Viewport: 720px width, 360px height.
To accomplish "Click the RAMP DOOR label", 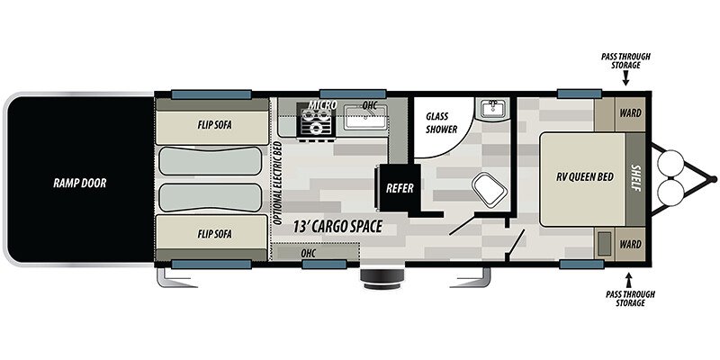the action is (x=79, y=184).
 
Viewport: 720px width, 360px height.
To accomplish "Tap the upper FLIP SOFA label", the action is (x=214, y=125).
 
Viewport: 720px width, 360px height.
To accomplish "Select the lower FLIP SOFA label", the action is (x=214, y=234).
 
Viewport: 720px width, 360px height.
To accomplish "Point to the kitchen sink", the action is (x=366, y=117).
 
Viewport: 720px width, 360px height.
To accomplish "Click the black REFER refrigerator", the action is (x=399, y=188).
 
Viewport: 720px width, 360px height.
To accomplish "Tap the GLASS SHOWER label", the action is (x=441, y=123).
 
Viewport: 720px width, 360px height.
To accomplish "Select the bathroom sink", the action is (x=492, y=109).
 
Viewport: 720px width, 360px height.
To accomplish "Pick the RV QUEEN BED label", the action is (x=584, y=177).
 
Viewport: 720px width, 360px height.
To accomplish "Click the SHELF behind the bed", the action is (x=636, y=179).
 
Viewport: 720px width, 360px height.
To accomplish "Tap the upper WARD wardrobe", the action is (x=631, y=113).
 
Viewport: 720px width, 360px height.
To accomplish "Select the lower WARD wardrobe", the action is (x=631, y=244).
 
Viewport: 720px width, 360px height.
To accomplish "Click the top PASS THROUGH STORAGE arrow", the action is (x=625, y=80).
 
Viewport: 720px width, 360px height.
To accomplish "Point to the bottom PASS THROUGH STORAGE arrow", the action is (x=629, y=279).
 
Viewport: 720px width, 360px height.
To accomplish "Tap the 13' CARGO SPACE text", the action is (x=338, y=227).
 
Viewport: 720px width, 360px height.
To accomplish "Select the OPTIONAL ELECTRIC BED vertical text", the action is (x=277, y=184).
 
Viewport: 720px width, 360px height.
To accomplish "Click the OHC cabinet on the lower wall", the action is (x=315, y=253).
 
